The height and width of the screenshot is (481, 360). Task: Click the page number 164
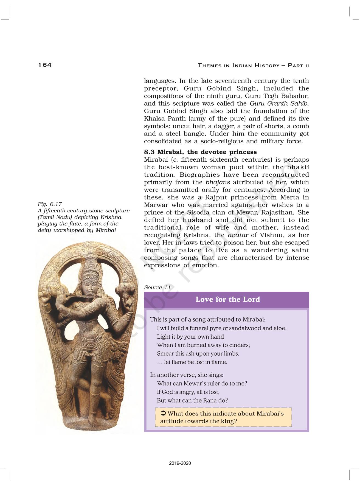(x=45, y=65)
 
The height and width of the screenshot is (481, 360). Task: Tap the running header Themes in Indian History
(x=253, y=66)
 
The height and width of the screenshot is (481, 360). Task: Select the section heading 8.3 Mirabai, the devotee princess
(x=200, y=152)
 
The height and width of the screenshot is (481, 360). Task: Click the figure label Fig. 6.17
(x=50, y=204)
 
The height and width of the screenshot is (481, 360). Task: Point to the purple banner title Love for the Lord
(x=227, y=299)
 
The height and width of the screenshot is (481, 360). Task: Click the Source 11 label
(x=157, y=287)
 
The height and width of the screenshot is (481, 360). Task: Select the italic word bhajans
(x=218, y=182)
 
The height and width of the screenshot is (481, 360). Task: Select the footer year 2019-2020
(x=180, y=463)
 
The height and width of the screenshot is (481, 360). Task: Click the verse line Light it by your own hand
(x=190, y=337)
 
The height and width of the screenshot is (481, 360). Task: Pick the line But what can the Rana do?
(x=192, y=400)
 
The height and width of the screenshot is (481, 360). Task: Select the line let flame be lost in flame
(x=192, y=362)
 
